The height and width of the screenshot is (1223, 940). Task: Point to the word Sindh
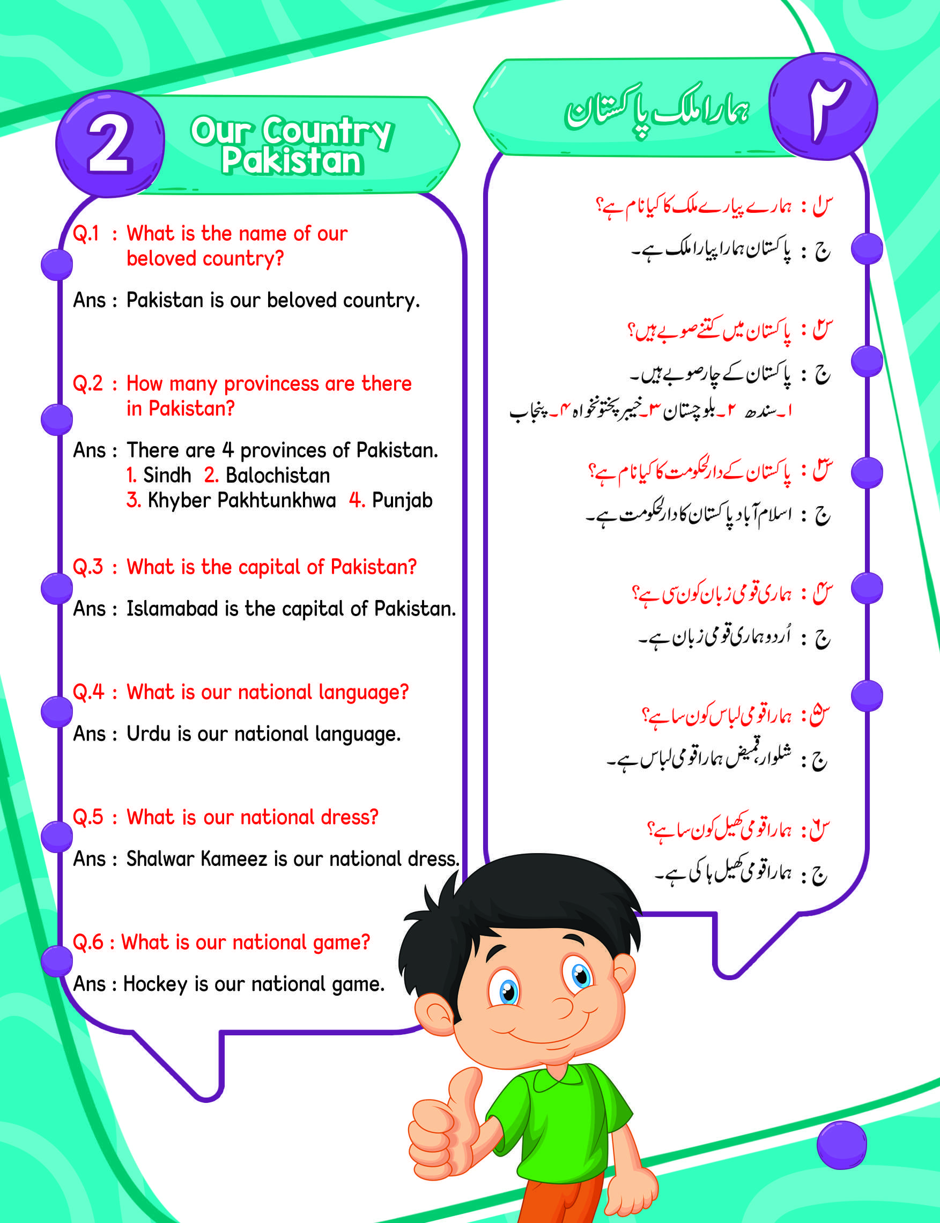[x=167, y=475]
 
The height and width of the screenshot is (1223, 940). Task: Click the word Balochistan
[x=278, y=475]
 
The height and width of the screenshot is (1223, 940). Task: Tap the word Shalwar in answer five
[x=159, y=858]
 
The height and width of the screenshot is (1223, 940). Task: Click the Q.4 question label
[x=88, y=692]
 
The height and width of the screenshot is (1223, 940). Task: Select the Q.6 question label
[x=88, y=942]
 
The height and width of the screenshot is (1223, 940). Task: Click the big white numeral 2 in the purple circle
[x=110, y=144]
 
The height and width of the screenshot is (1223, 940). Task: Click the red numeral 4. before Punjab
[x=357, y=500]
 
